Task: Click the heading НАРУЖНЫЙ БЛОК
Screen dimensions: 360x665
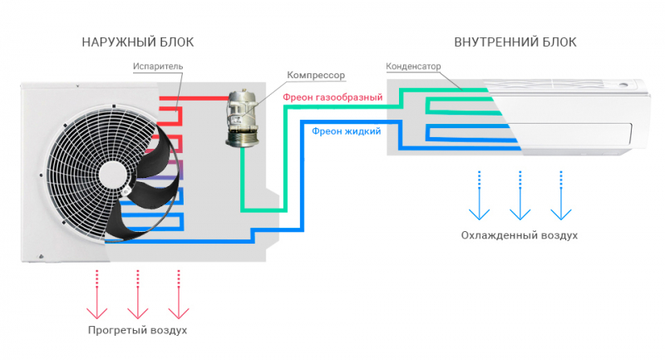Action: (x=143, y=42)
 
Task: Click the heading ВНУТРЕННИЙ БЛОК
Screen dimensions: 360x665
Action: (x=515, y=42)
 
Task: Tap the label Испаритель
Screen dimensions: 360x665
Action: (x=157, y=66)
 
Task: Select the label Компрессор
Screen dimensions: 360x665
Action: (x=315, y=75)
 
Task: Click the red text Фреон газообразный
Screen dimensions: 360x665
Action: (x=332, y=97)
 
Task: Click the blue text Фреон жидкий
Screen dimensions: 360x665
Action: (x=347, y=131)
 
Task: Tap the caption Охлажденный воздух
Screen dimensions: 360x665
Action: (x=520, y=235)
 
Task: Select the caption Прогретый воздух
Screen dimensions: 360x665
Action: (x=138, y=330)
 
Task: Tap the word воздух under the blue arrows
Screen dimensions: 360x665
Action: (x=555, y=235)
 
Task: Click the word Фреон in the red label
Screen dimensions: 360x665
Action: (x=298, y=97)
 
